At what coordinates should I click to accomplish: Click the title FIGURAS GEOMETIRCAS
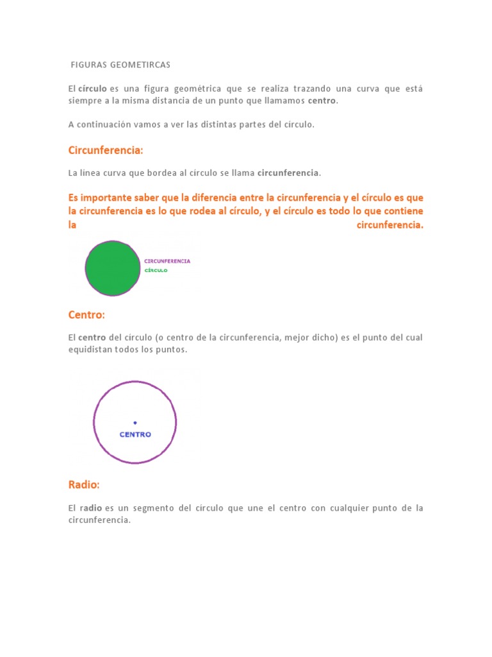[121, 65]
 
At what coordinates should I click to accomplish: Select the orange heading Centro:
[86, 314]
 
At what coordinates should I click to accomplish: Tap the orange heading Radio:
[84, 484]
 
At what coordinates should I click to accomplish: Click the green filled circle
[113, 268]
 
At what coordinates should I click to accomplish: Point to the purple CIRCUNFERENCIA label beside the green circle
[167, 261]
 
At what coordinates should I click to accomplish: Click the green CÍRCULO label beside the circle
[156, 271]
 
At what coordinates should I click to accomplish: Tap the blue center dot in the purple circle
[135, 422]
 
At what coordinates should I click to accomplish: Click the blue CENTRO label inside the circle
[135, 434]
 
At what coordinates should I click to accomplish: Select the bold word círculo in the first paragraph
[92, 88]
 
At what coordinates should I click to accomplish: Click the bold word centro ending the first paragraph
[322, 101]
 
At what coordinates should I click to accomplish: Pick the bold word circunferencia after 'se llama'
[288, 173]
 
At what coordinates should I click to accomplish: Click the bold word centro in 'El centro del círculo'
[92, 337]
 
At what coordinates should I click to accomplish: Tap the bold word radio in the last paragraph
[92, 508]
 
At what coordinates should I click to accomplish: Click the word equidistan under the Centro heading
[89, 350]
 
